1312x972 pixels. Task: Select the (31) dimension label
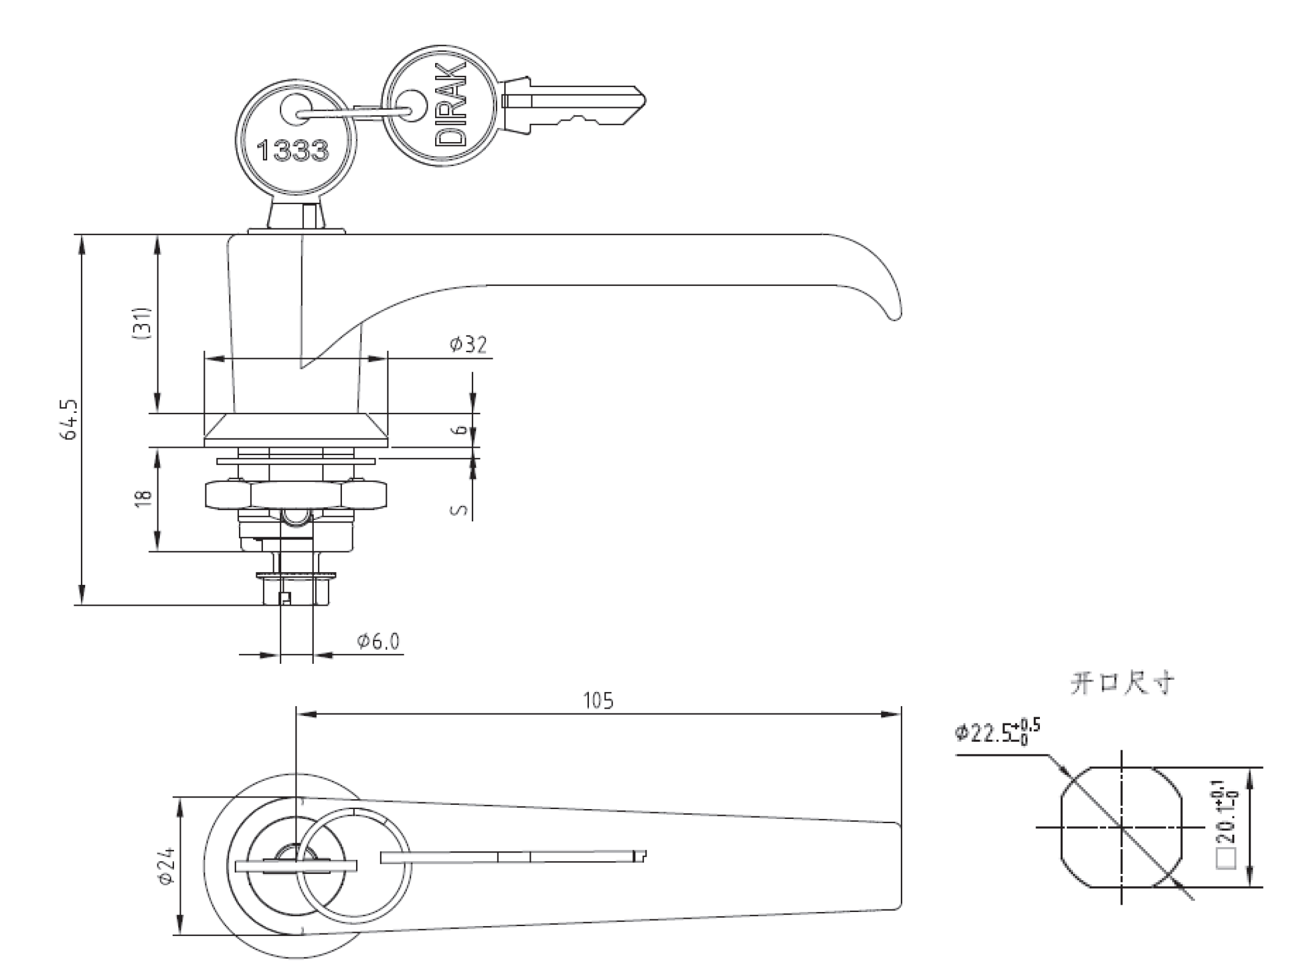point(142,323)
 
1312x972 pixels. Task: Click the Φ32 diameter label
point(469,345)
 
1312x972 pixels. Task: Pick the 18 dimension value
point(143,498)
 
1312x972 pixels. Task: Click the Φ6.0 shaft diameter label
point(378,641)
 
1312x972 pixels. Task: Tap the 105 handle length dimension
point(597,701)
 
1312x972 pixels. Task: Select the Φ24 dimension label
point(166,865)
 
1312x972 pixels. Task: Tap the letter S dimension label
point(460,509)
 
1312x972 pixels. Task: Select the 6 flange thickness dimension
point(461,430)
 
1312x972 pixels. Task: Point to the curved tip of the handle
point(892,306)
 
